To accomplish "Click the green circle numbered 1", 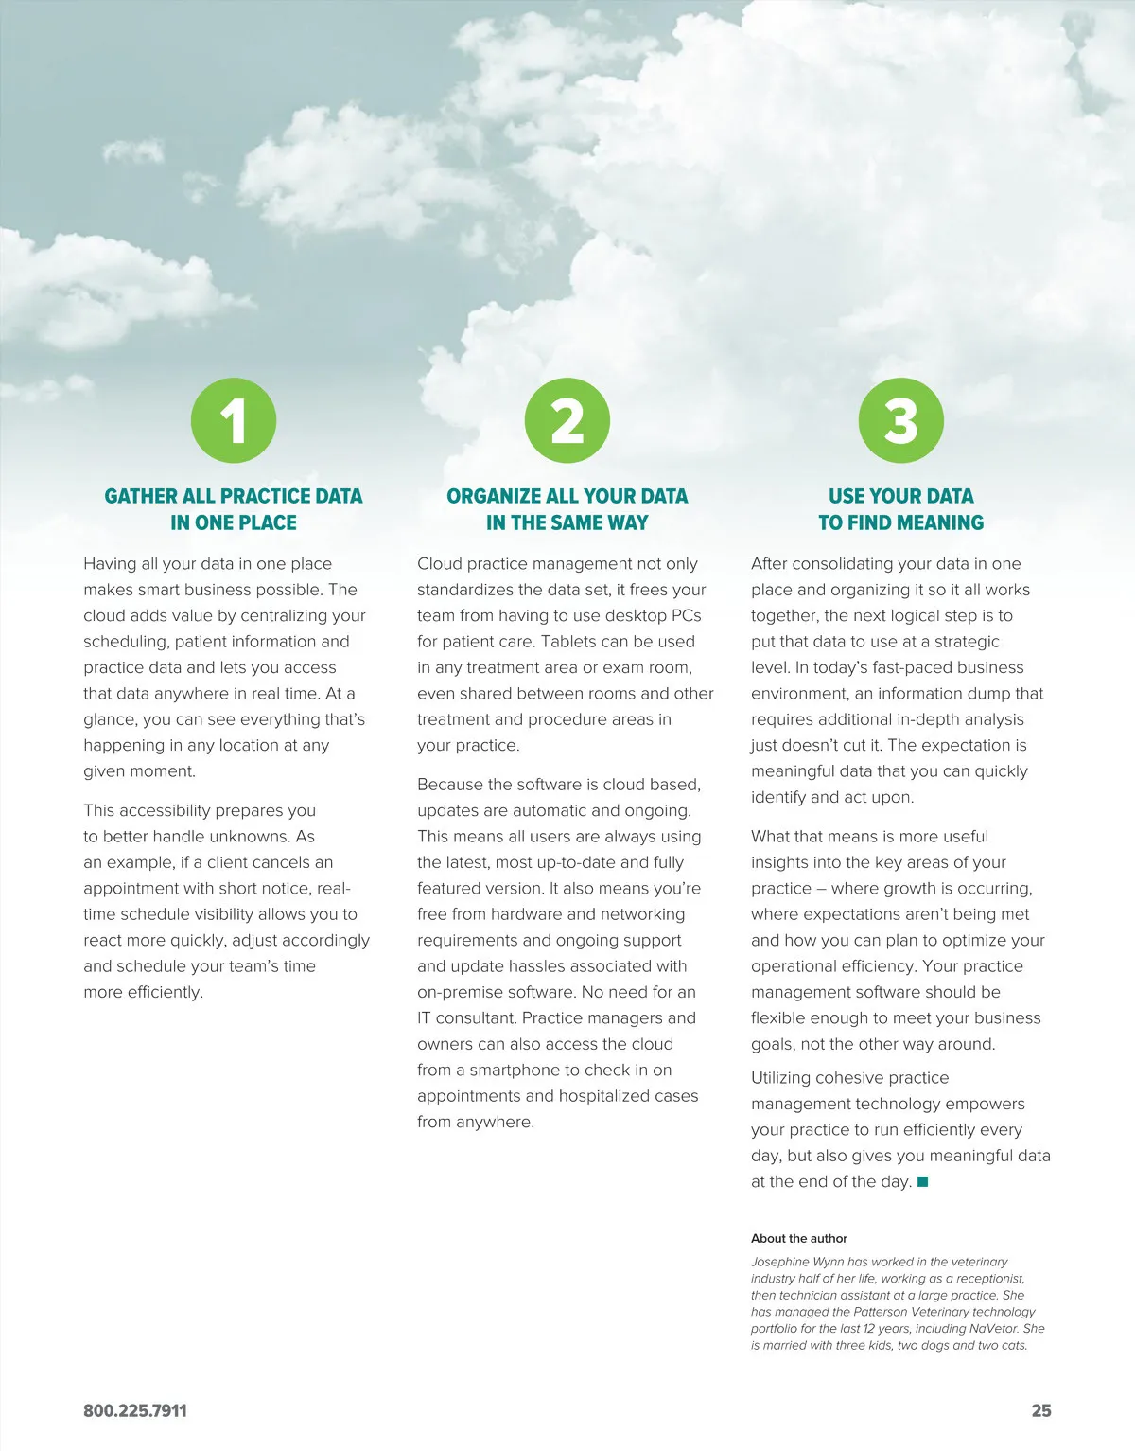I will click(x=234, y=420).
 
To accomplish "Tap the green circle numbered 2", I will click(x=567, y=420).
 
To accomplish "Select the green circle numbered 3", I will click(x=901, y=420).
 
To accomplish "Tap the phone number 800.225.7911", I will click(x=135, y=1410).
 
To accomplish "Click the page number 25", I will click(x=1040, y=1410).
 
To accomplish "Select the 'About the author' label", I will click(x=799, y=1238).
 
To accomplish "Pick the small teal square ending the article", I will click(x=923, y=1181).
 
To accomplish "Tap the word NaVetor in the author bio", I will click(x=993, y=1328).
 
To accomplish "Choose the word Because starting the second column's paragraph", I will click(x=450, y=784).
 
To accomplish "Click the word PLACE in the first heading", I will click(x=269, y=522).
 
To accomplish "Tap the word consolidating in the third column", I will click(x=844, y=563).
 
